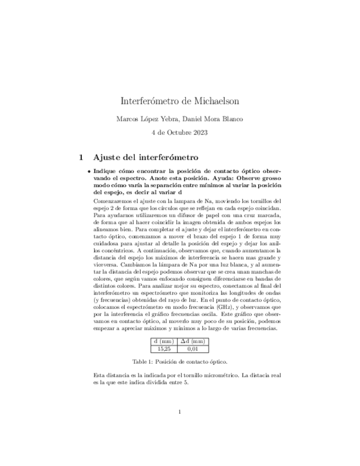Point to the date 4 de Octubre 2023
pyautogui.click(x=180, y=132)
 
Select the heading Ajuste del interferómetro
pyautogui.click(x=146, y=157)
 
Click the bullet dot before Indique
pyautogui.click(x=89, y=171)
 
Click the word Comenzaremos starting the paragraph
pyautogui.click(x=113, y=201)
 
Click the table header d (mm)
pyautogui.click(x=164, y=341)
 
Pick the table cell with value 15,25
pyautogui.click(x=164, y=348)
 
